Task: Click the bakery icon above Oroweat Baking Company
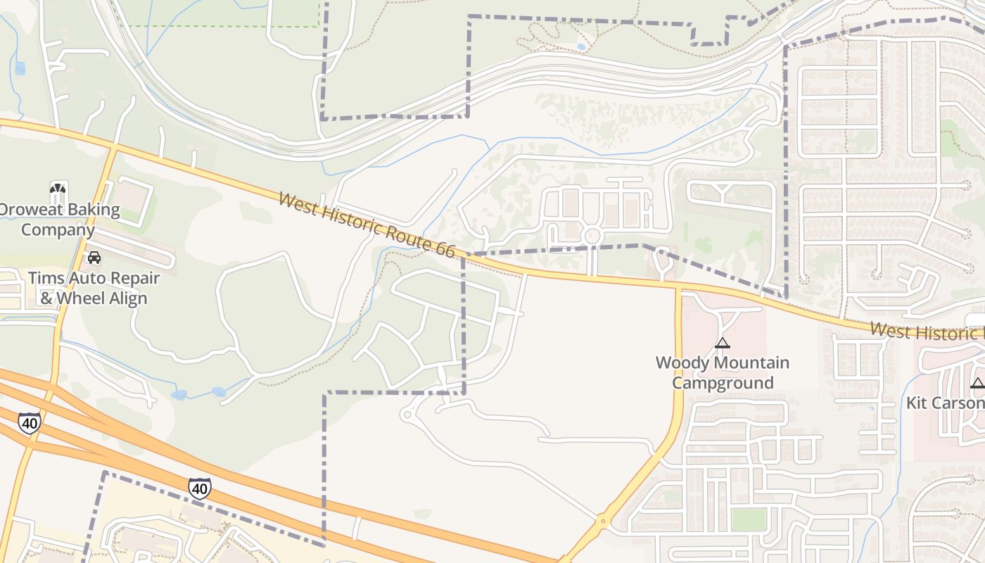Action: tap(58, 189)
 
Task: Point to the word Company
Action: tap(58, 230)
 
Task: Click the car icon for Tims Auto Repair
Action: tap(94, 258)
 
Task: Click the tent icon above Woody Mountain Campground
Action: tap(722, 343)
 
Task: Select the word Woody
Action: tap(680, 363)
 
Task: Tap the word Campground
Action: tap(723, 384)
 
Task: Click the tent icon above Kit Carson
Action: tap(977, 384)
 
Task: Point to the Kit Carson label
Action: tap(945, 403)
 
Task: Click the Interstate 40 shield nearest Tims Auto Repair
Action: tap(29, 423)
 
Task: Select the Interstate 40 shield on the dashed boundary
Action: tap(200, 488)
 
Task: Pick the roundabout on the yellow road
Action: tap(602, 522)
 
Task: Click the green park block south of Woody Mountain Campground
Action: tap(749, 520)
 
